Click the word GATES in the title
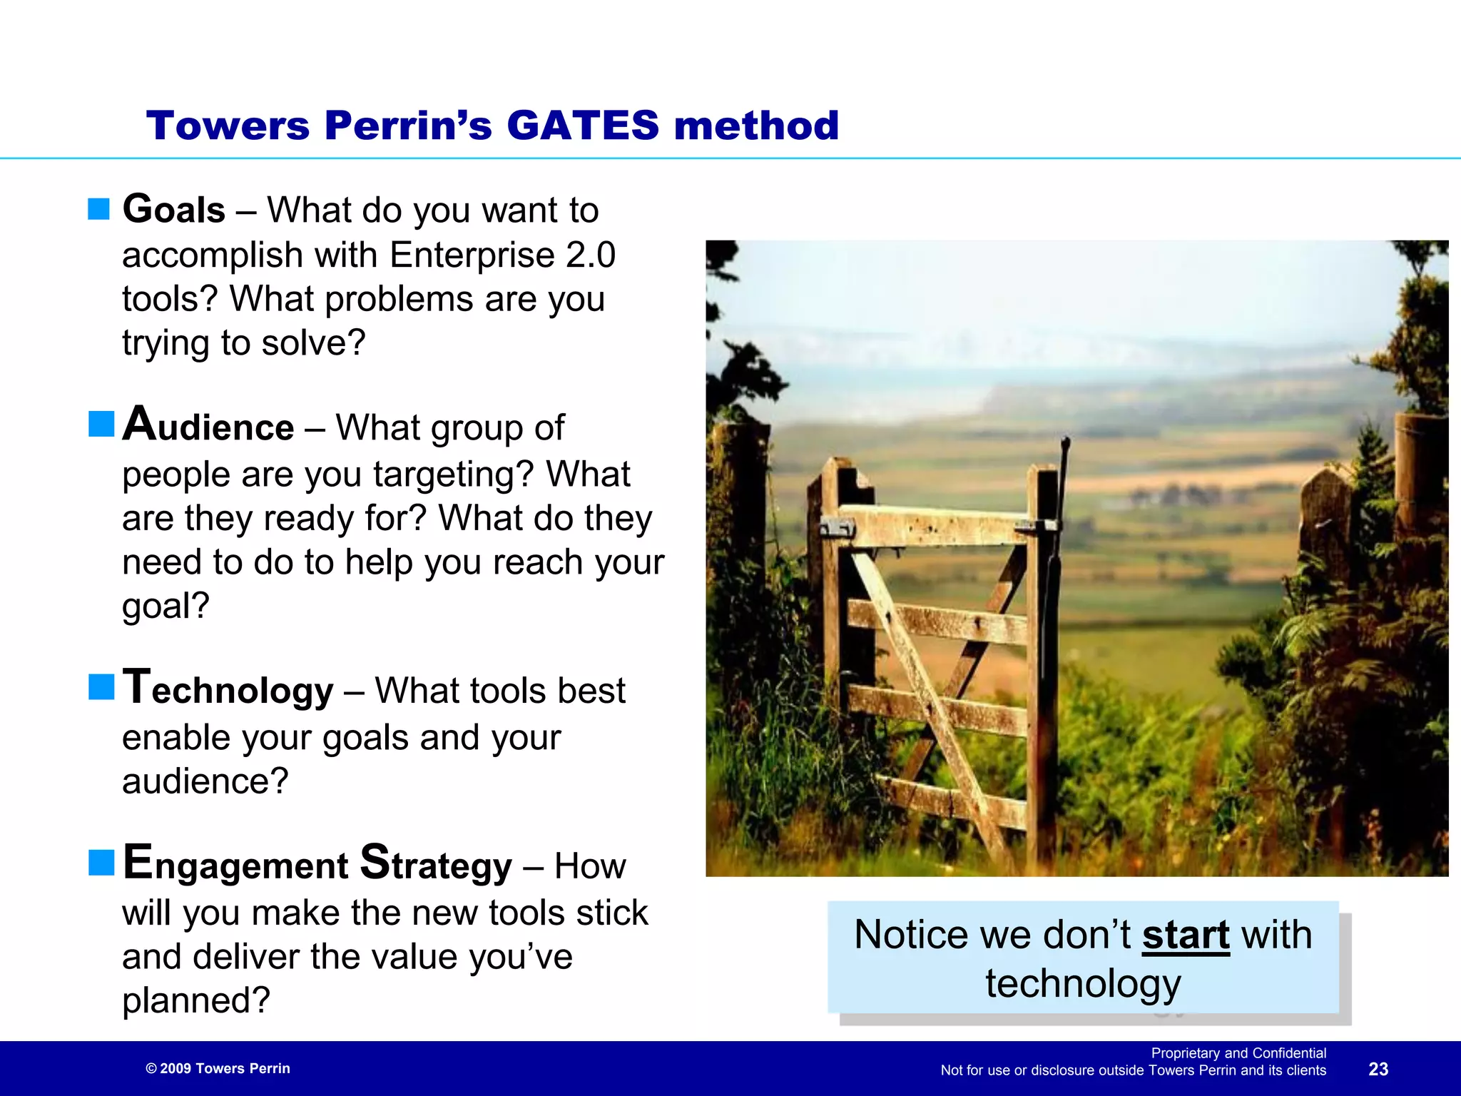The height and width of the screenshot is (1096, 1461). click(582, 126)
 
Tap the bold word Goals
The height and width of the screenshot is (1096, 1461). click(174, 210)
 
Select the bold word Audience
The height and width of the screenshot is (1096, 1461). click(208, 426)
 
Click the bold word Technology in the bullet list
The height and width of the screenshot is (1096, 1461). click(228, 689)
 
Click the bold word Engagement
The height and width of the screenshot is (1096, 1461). click(235, 863)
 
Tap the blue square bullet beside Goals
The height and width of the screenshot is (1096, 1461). click(99, 209)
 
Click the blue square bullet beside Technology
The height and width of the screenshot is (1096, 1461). click(101, 687)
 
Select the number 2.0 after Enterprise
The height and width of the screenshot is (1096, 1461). click(590, 255)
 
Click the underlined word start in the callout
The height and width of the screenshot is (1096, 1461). click(1186, 935)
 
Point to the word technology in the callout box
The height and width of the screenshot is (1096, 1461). click(1083, 983)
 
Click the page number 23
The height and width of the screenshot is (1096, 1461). click(1378, 1069)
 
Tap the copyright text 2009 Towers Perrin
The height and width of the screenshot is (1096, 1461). click(218, 1068)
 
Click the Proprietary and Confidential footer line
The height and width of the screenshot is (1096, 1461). click(1238, 1053)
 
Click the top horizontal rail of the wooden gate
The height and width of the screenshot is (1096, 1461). click(935, 527)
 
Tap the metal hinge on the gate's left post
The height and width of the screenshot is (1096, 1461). click(837, 528)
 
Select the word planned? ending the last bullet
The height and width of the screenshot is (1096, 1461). click(196, 1000)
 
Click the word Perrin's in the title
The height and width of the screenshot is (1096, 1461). click(407, 126)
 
